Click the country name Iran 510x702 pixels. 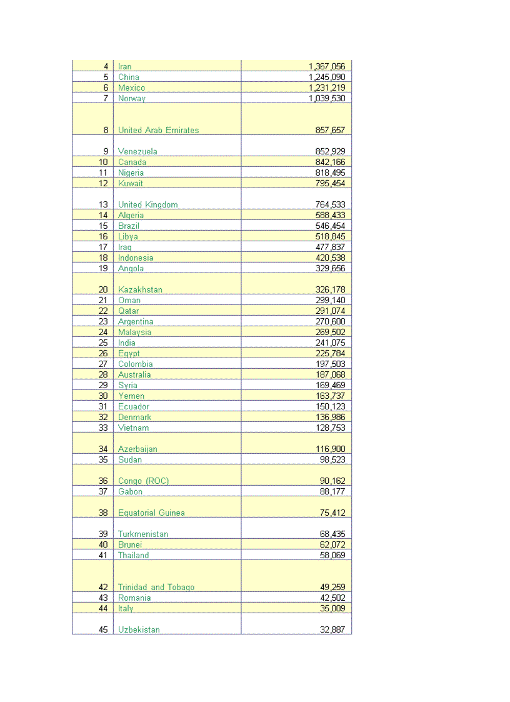(125, 67)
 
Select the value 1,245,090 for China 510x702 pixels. (326, 78)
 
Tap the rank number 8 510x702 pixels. (106, 131)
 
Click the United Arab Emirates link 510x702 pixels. (158, 131)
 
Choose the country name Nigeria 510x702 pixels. (131, 173)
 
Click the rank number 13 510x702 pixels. (104, 205)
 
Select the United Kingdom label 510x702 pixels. (147, 205)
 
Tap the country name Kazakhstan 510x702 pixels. (140, 290)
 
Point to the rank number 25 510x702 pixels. (104, 343)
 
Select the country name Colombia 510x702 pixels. (135, 364)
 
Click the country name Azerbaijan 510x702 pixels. (137, 449)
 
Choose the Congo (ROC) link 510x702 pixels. (143, 481)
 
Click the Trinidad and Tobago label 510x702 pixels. (156, 588)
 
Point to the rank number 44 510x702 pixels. (104, 609)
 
